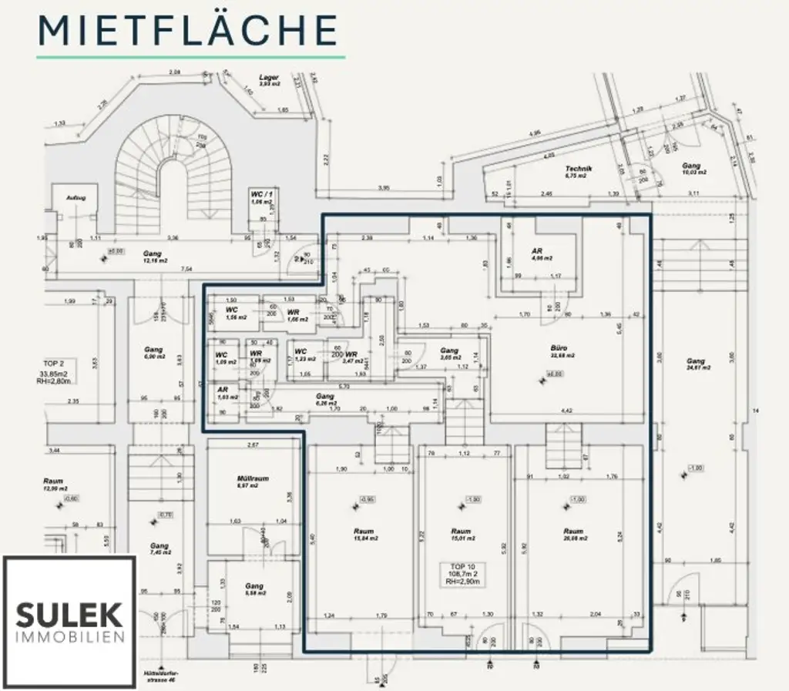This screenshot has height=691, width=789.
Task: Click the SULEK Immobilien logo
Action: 70,622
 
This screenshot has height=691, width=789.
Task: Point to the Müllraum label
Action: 252,482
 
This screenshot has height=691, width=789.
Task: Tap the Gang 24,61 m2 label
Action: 696,364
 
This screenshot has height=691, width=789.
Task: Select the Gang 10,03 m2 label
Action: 691,169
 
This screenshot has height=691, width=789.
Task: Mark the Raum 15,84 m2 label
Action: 364,535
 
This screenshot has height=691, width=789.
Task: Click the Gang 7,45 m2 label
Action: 159,548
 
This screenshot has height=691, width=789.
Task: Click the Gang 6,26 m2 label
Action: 324,398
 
